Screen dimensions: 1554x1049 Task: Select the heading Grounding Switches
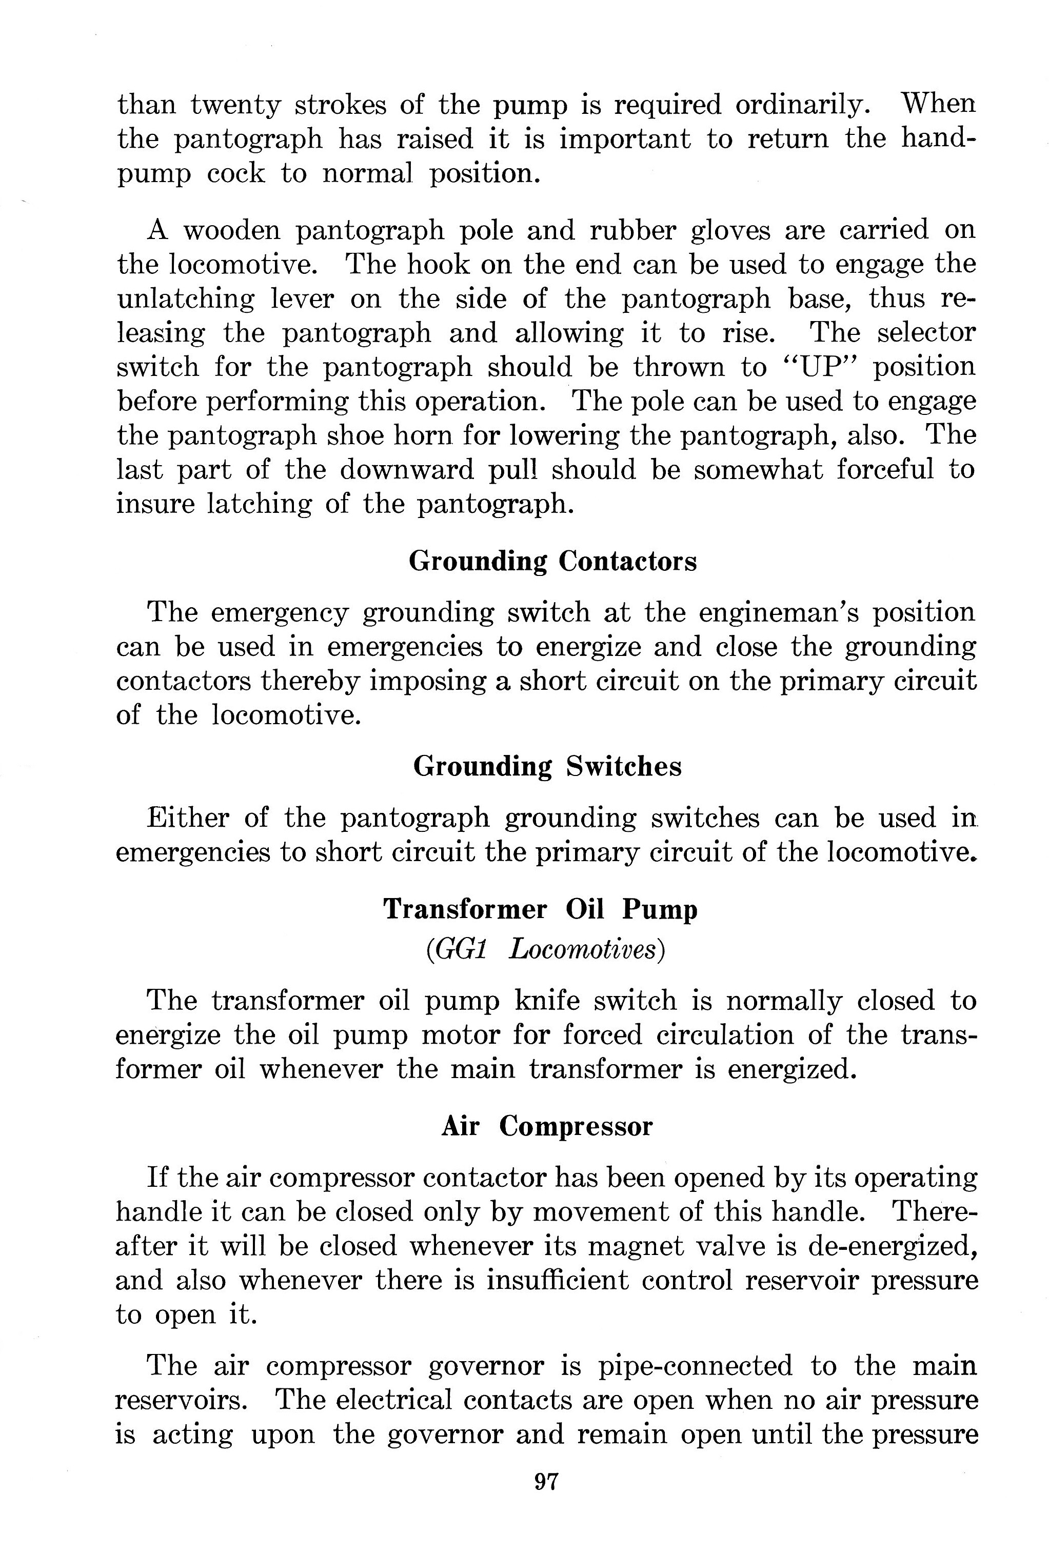pos(547,766)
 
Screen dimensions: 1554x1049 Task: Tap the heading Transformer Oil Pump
pos(540,909)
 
